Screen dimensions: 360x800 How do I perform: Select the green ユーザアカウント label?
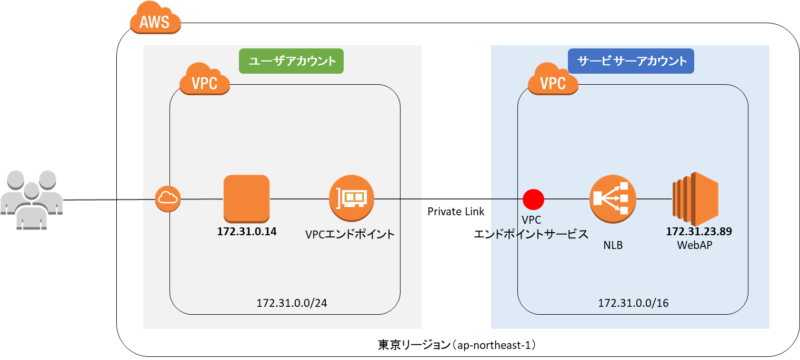292,61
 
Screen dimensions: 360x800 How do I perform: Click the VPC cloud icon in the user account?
204,81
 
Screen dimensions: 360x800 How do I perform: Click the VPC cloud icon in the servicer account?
553,81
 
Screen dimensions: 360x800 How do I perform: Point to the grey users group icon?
32,201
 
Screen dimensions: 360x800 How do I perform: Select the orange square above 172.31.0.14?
246,198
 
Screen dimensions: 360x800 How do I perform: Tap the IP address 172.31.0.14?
247,231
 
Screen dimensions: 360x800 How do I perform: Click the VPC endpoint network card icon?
352,198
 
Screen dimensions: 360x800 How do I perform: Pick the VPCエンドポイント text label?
349,235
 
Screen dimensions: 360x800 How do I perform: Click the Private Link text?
456,212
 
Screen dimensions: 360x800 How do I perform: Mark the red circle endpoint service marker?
534,199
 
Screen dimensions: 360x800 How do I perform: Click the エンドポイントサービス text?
531,235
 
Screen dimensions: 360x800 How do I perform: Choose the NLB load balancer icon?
612,198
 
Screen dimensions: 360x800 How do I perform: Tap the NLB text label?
613,245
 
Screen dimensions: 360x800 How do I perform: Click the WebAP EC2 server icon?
695,198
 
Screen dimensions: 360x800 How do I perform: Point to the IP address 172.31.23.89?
699,231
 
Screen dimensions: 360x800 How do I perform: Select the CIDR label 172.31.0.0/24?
285,303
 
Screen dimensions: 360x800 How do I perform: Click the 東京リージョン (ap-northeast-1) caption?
456,345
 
